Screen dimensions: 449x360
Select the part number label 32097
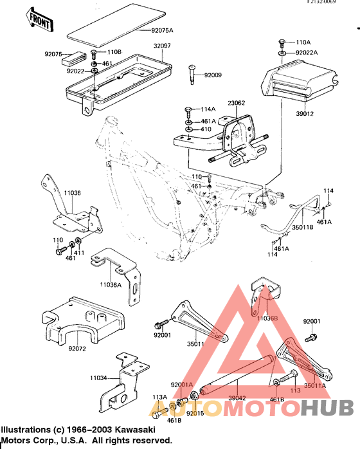point(163,46)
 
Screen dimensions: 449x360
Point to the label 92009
point(213,75)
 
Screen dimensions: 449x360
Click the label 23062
point(237,102)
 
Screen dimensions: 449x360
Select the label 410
point(206,129)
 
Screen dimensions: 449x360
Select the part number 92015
point(195,414)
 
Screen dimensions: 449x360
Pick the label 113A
point(159,398)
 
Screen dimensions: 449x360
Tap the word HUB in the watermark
point(327,408)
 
